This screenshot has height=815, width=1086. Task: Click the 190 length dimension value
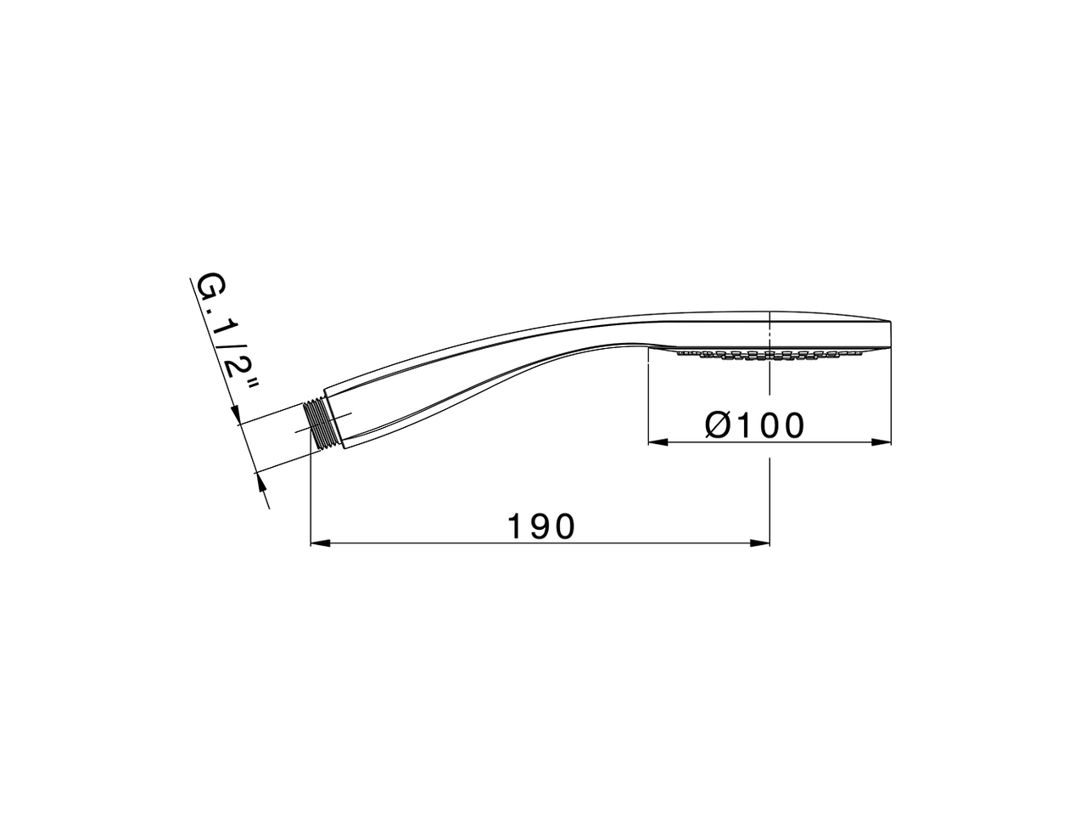541,526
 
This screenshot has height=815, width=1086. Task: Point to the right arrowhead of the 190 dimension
761,542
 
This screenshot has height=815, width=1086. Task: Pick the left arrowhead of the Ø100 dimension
657,441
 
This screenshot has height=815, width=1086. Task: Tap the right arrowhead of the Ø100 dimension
882,441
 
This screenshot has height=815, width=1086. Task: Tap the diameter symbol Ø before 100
718,424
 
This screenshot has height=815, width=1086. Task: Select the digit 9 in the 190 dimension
541,526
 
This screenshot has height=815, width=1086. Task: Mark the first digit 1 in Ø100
747,424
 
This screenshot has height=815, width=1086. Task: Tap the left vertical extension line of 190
311,501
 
